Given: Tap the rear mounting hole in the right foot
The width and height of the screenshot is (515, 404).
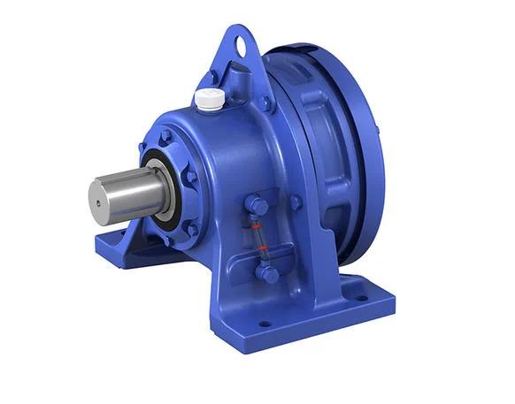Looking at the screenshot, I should [361, 298].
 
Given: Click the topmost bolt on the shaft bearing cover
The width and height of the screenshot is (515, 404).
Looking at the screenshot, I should [165, 137].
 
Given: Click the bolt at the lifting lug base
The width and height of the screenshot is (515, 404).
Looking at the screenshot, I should [264, 103].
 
